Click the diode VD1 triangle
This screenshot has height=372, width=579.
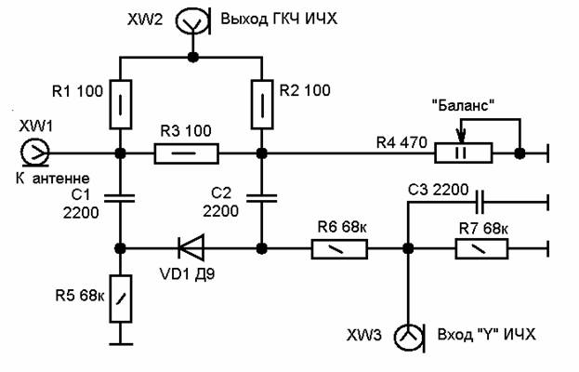(191, 248)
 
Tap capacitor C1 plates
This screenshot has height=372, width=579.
(121, 196)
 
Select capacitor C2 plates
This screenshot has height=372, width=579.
(263, 196)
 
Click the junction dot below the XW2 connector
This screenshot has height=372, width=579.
(193, 57)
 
